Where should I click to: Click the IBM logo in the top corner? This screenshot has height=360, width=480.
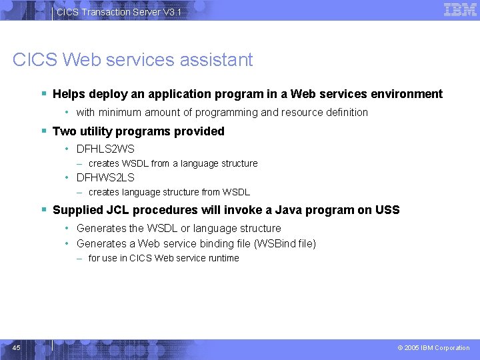(460, 9)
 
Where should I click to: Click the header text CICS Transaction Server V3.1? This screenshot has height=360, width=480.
(118, 13)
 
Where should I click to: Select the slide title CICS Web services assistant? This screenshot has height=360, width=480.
(133, 60)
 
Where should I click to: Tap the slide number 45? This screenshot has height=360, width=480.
(17, 347)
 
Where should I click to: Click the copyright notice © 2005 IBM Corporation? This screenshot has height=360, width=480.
(433, 348)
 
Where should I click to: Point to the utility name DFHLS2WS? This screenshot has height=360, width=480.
(105, 149)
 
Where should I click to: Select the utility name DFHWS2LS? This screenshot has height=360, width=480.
(105, 177)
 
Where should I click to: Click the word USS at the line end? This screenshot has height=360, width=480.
(387, 210)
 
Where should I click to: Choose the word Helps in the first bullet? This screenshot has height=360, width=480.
(69, 94)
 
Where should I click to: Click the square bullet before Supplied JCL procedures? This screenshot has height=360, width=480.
(44, 210)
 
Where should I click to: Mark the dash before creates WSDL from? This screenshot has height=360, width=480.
(80, 163)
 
